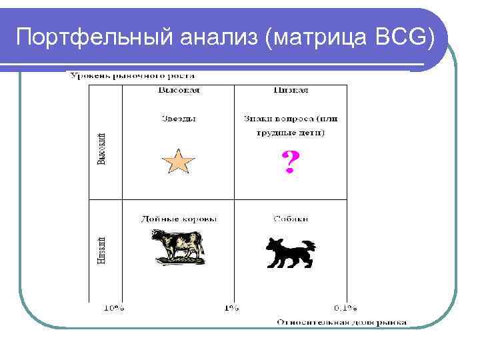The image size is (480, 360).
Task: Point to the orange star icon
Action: (x=178, y=162)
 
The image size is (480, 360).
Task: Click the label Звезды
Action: (x=179, y=119)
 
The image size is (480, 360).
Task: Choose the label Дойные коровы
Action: (x=179, y=219)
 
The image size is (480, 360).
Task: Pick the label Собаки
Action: (x=290, y=219)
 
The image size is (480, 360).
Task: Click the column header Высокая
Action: (x=179, y=89)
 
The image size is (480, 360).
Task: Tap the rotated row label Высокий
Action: (x=101, y=148)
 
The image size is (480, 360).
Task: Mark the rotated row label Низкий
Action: (x=101, y=249)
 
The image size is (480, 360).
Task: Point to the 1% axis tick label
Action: (x=231, y=308)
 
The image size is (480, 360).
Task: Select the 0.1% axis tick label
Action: (x=345, y=308)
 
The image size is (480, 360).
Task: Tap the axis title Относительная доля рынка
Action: (x=341, y=322)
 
